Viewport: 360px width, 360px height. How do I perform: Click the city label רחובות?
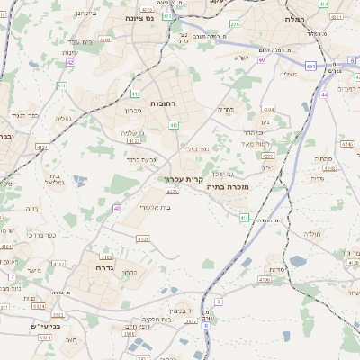(162, 104)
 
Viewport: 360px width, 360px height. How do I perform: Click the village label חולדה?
(312, 233)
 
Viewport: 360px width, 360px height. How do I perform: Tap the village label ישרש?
(240, 58)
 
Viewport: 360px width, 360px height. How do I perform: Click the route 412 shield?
(174, 125)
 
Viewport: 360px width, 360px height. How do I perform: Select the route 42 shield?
(70, 62)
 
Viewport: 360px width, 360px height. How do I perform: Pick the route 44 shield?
(323, 94)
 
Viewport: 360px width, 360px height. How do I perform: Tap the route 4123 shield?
(134, 140)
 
